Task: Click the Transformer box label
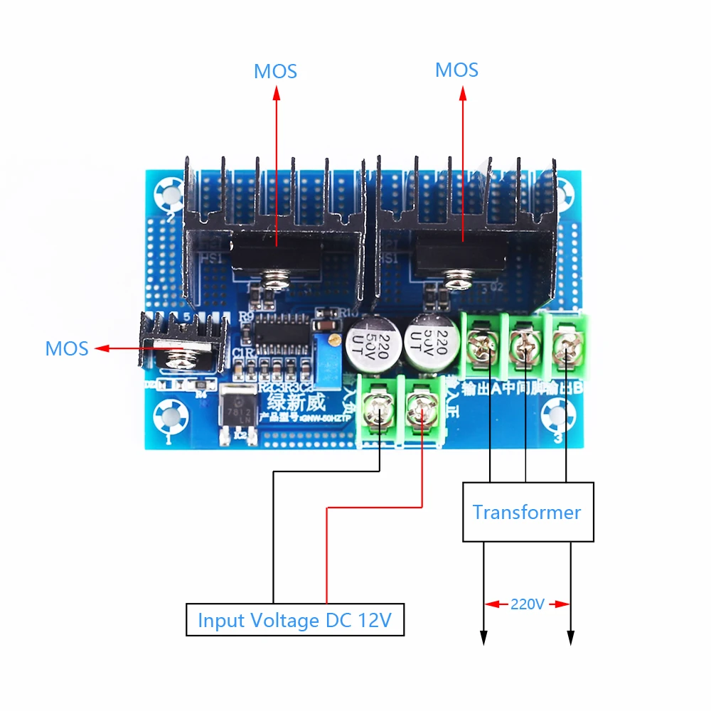point(527,512)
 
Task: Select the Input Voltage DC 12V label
point(294,620)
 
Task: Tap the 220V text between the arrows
point(527,604)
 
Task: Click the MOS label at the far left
point(67,348)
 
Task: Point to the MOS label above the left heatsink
point(275,72)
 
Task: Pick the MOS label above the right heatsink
point(456,70)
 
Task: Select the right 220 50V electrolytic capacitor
point(429,341)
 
